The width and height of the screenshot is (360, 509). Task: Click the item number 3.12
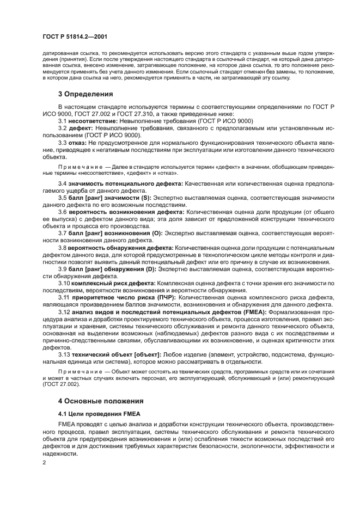point(64,312)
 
